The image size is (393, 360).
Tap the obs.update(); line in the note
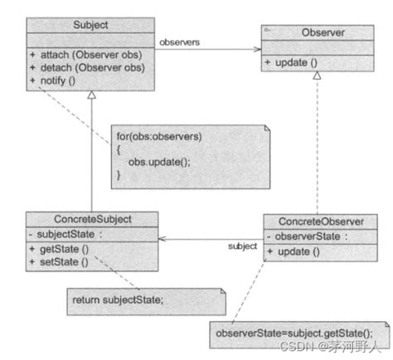pos(161,161)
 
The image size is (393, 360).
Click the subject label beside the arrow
pos(241,247)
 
